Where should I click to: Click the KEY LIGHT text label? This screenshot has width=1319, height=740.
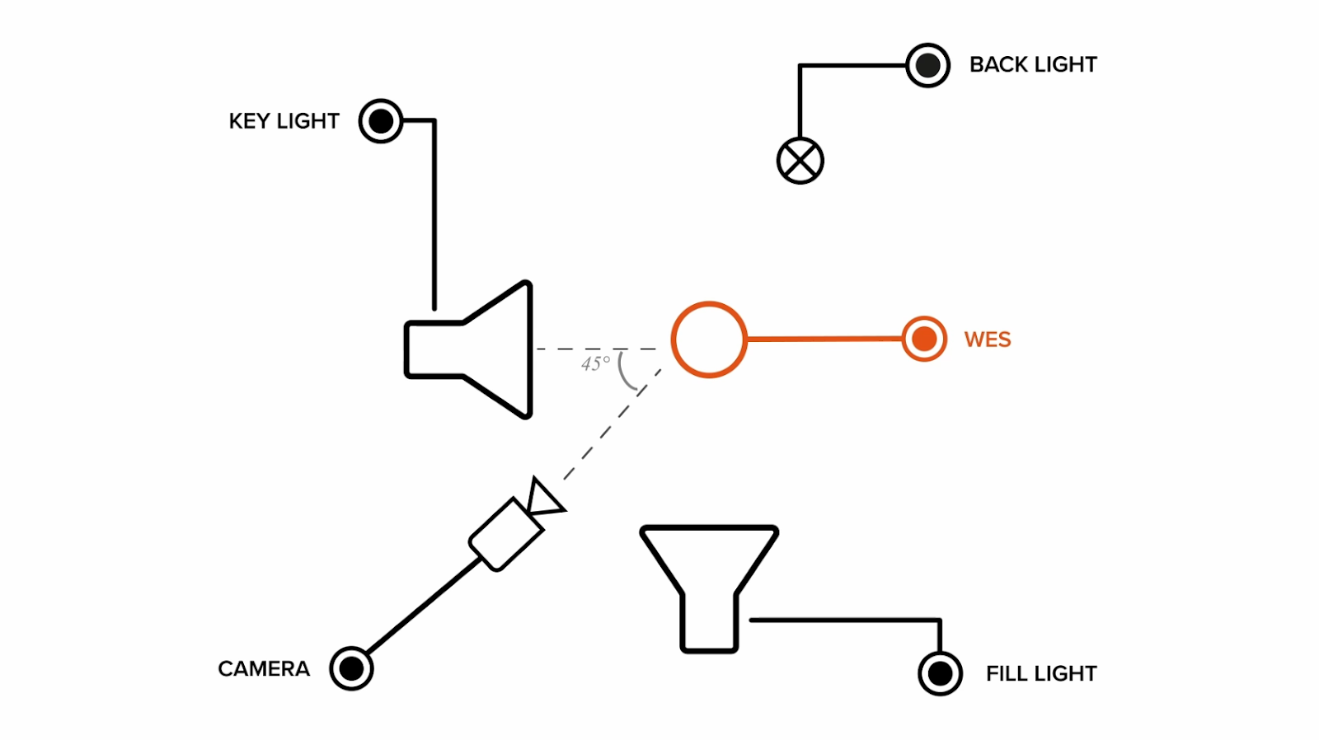[284, 121]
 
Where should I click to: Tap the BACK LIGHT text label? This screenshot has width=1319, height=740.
[1032, 64]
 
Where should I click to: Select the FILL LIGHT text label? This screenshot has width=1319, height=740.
[1040, 673]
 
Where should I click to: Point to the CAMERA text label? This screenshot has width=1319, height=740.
[264, 668]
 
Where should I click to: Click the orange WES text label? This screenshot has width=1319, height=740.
[987, 340]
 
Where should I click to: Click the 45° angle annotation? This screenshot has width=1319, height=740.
[595, 363]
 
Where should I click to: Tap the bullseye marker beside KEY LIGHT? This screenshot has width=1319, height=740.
[381, 121]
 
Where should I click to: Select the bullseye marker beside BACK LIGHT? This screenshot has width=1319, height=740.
[927, 65]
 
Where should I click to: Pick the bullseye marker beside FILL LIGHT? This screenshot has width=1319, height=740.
[940, 673]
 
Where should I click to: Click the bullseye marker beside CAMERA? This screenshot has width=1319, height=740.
[352, 668]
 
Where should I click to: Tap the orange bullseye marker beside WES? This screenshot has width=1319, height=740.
[924, 339]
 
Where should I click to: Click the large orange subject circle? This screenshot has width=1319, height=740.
[709, 340]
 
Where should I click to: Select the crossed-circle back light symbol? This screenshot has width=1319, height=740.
[800, 160]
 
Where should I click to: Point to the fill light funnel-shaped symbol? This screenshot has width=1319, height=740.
[709, 577]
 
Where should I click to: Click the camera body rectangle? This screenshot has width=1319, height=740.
[506, 534]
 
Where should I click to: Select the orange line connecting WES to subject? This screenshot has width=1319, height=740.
[824, 339]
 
